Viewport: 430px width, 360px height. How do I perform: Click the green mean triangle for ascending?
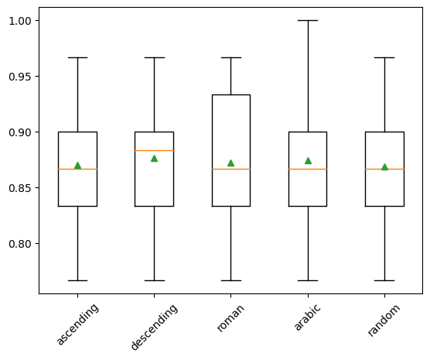coord(77,166)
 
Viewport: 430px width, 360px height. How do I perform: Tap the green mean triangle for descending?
coord(154,159)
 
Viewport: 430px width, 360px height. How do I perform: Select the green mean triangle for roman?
coord(231,163)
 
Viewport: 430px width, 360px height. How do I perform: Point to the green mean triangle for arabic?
coord(308,160)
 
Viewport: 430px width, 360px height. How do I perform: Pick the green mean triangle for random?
coord(384,167)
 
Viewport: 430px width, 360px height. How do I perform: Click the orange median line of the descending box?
coord(154,150)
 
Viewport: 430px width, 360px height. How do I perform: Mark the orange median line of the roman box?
coord(231,169)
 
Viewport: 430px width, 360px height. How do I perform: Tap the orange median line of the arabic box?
coord(308,169)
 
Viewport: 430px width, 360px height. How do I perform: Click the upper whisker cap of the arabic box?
coord(308,21)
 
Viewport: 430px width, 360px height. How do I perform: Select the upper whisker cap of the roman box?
coord(231,57)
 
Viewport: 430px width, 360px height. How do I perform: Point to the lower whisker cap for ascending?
coord(77,280)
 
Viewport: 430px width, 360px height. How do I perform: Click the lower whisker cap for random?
coord(384,280)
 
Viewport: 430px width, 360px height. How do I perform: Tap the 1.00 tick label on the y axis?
coord(20,21)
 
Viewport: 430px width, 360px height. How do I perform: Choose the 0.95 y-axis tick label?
coord(20,77)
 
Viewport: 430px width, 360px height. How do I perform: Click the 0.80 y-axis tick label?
coord(20,244)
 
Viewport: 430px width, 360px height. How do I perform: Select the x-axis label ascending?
coord(77,324)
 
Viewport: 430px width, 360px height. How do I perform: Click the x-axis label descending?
coord(154,327)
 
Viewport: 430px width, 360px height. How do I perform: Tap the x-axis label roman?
coord(230,318)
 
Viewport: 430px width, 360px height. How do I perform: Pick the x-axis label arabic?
coord(307,317)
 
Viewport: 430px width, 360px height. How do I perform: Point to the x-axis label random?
coord(384,321)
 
